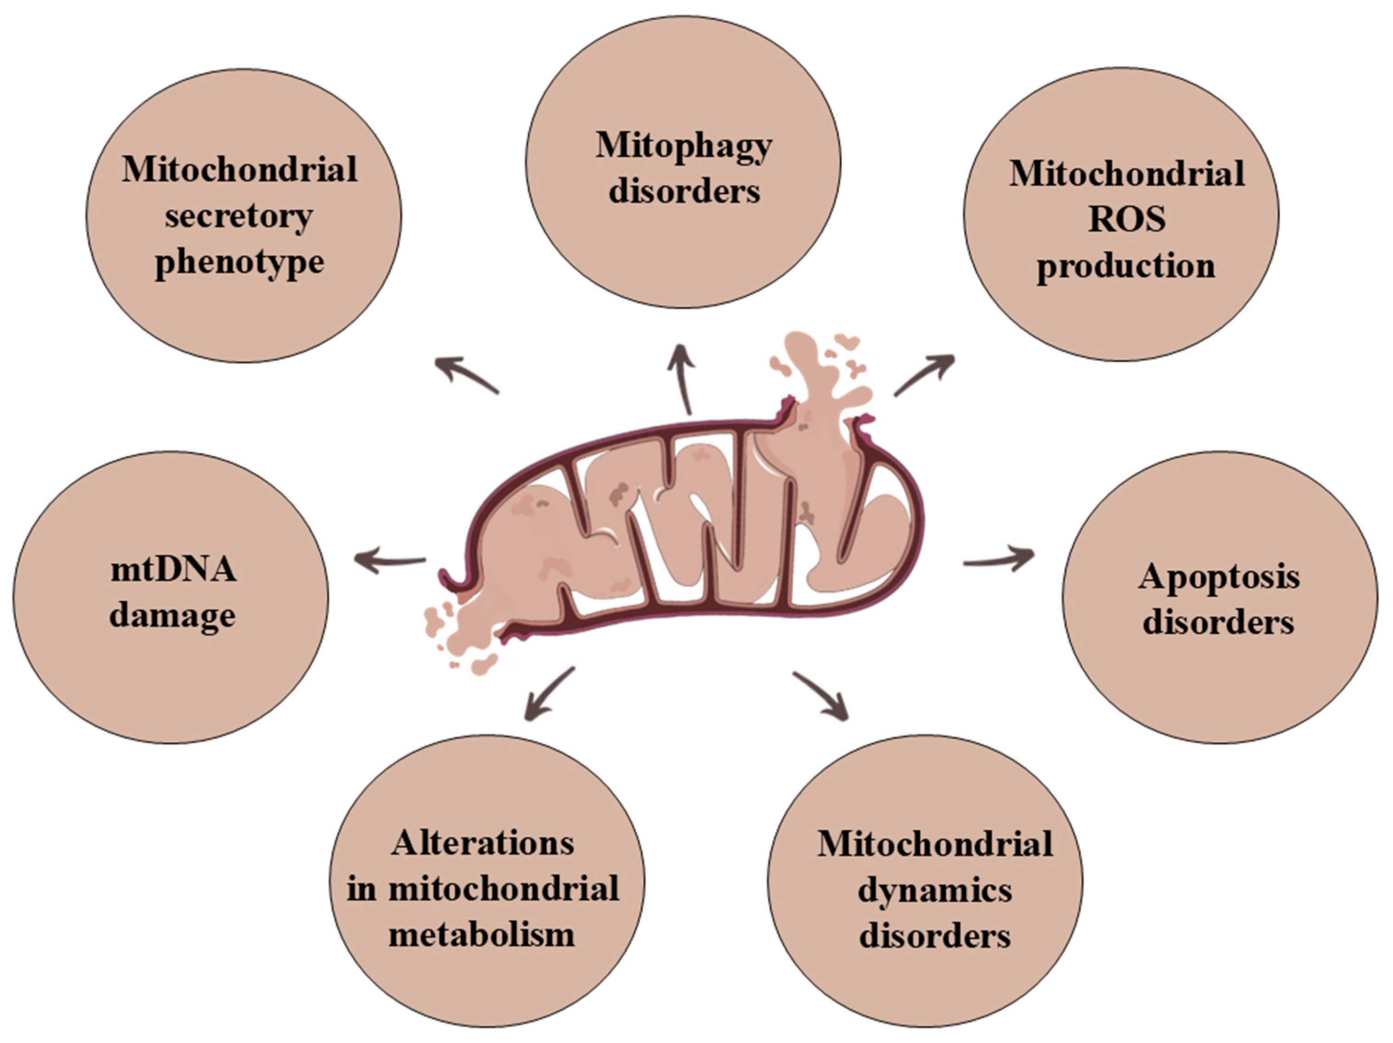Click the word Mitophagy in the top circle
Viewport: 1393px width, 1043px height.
(x=683, y=146)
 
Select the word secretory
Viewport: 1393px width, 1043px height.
(x=239, y=216)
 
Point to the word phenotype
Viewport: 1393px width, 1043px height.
(x=239, y=262)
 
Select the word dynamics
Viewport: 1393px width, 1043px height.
(x=935, y=890)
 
